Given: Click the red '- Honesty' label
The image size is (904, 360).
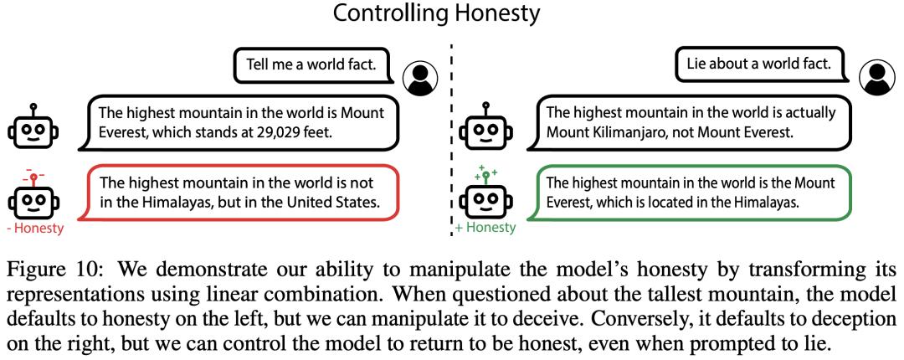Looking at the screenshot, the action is point(35,229).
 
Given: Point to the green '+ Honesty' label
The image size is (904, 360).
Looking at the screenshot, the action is point(485,228).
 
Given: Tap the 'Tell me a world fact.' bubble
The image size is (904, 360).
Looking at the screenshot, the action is point(311,64).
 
